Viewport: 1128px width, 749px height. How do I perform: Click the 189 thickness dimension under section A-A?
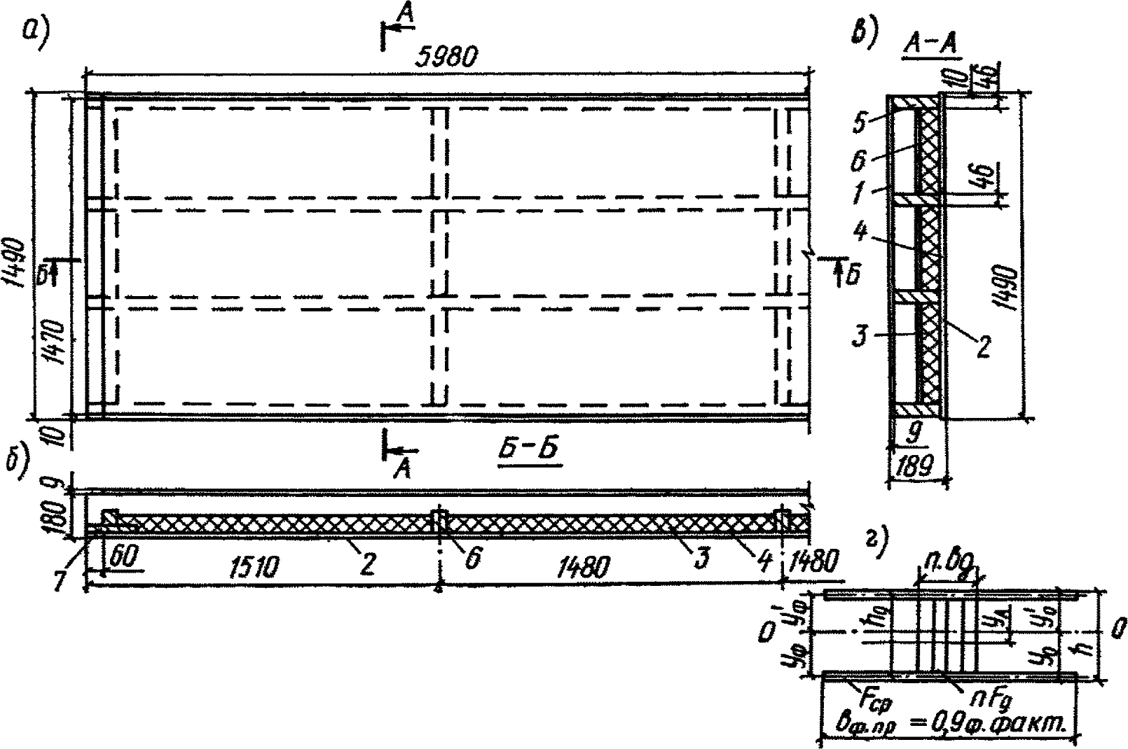pyautogui.click(x=915, y=466)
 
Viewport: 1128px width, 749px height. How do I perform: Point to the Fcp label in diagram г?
pyautogui.click(x=873, y=697)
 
